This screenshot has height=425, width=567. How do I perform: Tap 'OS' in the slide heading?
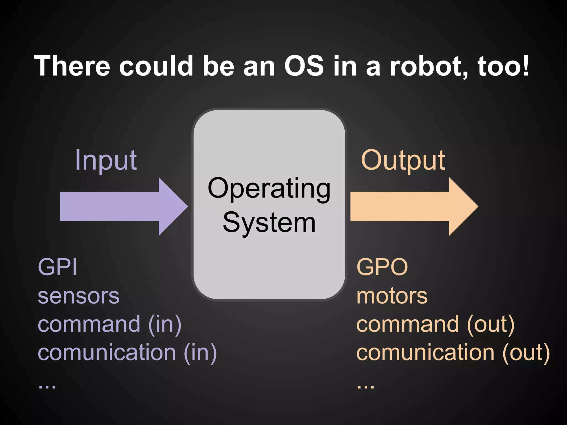[x=304, y=66]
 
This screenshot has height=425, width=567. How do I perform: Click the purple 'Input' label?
[x=106, y=160]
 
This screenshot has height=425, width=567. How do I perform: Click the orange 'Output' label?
[x=403, y=160]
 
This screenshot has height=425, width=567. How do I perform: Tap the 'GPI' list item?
[x=57, y=267]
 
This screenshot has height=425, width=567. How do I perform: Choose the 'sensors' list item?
[x=79, y=296]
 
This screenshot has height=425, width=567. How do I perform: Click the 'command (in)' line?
[x=110, y=324]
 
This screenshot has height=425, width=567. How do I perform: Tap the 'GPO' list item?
[x=382, y=267]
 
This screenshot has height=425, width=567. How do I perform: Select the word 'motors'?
[x=392, y=296]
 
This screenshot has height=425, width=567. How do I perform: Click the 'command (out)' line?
[x=435, y=324]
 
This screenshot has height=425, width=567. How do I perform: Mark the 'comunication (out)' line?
[x=453, y=353]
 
